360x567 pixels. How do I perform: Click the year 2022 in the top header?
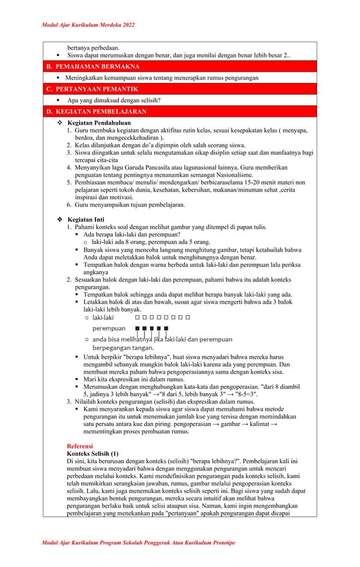point(128,25)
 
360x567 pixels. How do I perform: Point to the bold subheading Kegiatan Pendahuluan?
point(99,122)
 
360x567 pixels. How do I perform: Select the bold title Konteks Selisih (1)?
point(93,454)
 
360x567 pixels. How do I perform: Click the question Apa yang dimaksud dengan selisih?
point(114,100)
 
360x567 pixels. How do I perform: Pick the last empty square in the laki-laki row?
point(188,317)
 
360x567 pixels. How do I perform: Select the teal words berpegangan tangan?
point(122,348)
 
